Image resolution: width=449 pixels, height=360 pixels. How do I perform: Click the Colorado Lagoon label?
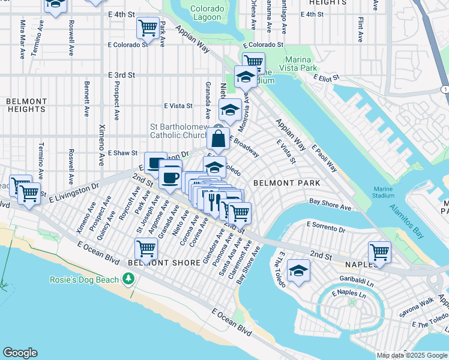click(207, 13)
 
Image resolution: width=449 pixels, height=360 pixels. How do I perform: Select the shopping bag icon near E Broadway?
click(218, 138)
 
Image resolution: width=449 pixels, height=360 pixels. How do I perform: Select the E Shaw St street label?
click(122, 154)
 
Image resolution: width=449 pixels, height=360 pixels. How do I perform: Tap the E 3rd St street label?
click(122, 75)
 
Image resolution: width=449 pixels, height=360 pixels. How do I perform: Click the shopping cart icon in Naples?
click(379, 252)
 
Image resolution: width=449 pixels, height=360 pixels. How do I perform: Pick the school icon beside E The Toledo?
click(298, 270)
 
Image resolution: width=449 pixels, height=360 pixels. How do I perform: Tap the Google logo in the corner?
click(20, 353)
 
